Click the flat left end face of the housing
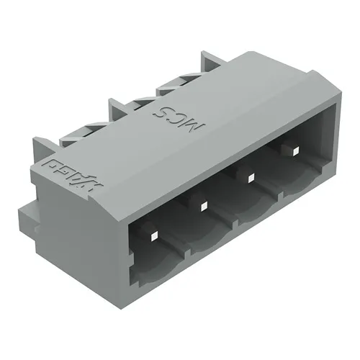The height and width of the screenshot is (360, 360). click(72, 223)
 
